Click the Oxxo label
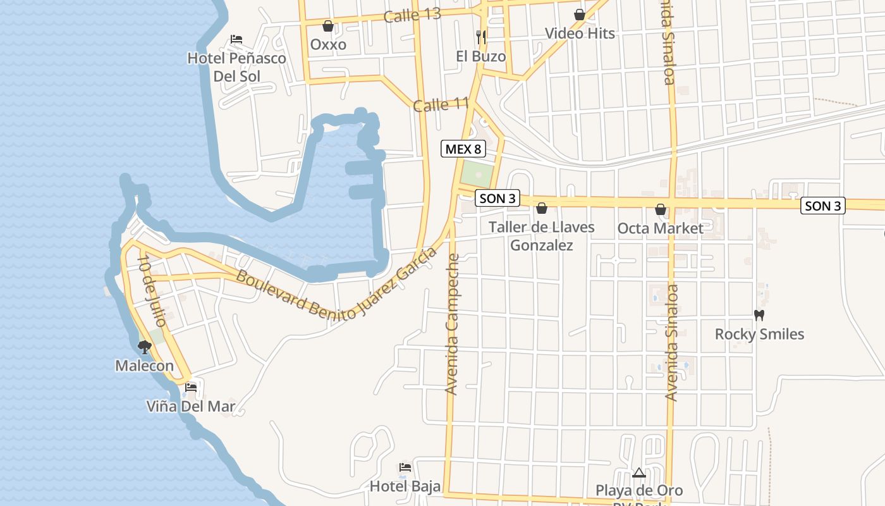(328, 44)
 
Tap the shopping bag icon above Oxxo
(328, 26)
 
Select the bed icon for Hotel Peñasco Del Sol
(236, 39)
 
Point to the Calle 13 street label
(412, 15)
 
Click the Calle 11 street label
(441, 104)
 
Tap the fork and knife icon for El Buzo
(481, 37)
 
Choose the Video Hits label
(580, 33)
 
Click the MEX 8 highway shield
(463, 149)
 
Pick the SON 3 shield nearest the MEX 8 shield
(497, 199)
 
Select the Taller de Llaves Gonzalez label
(542, 236)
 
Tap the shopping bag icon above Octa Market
(661, 209)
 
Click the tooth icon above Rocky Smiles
(759, 315)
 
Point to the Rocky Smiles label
(759, 334)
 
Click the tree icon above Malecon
(144, 347)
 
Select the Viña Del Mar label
(191, 406)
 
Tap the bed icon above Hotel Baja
(405, 467)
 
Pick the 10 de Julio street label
(151, 291)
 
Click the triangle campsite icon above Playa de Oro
(639, 472)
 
